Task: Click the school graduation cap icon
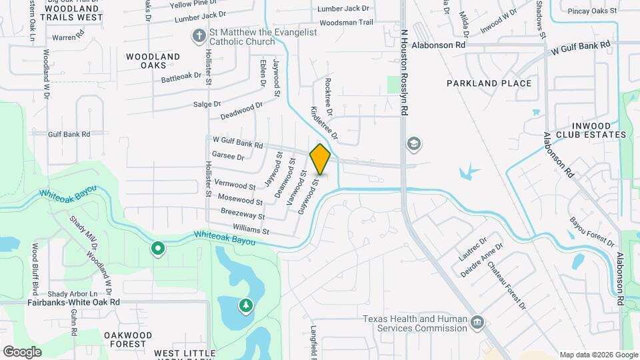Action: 414,143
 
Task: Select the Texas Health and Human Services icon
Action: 477,323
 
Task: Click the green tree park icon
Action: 246,306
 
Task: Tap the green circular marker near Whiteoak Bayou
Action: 158,249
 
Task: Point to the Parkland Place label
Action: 489,83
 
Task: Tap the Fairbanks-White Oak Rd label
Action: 73,302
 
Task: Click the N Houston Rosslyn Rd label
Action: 404,73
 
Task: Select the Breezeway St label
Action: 243,214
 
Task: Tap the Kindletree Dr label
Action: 325,123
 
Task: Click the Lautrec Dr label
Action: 473,247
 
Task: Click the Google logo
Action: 23,351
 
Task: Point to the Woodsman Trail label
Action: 346,23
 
